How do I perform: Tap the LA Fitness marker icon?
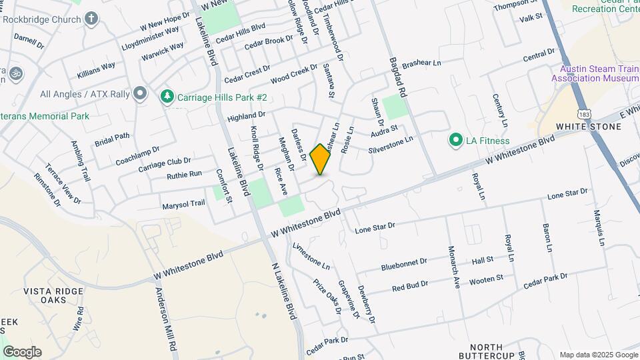[456, 141]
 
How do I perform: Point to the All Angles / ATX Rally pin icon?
[139, 93]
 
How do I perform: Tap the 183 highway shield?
[583, 107]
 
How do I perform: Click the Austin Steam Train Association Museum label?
[595, 73]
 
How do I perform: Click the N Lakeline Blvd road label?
[283, 290]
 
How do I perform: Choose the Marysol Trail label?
[183, 204]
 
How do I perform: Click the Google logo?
[22, 351]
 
